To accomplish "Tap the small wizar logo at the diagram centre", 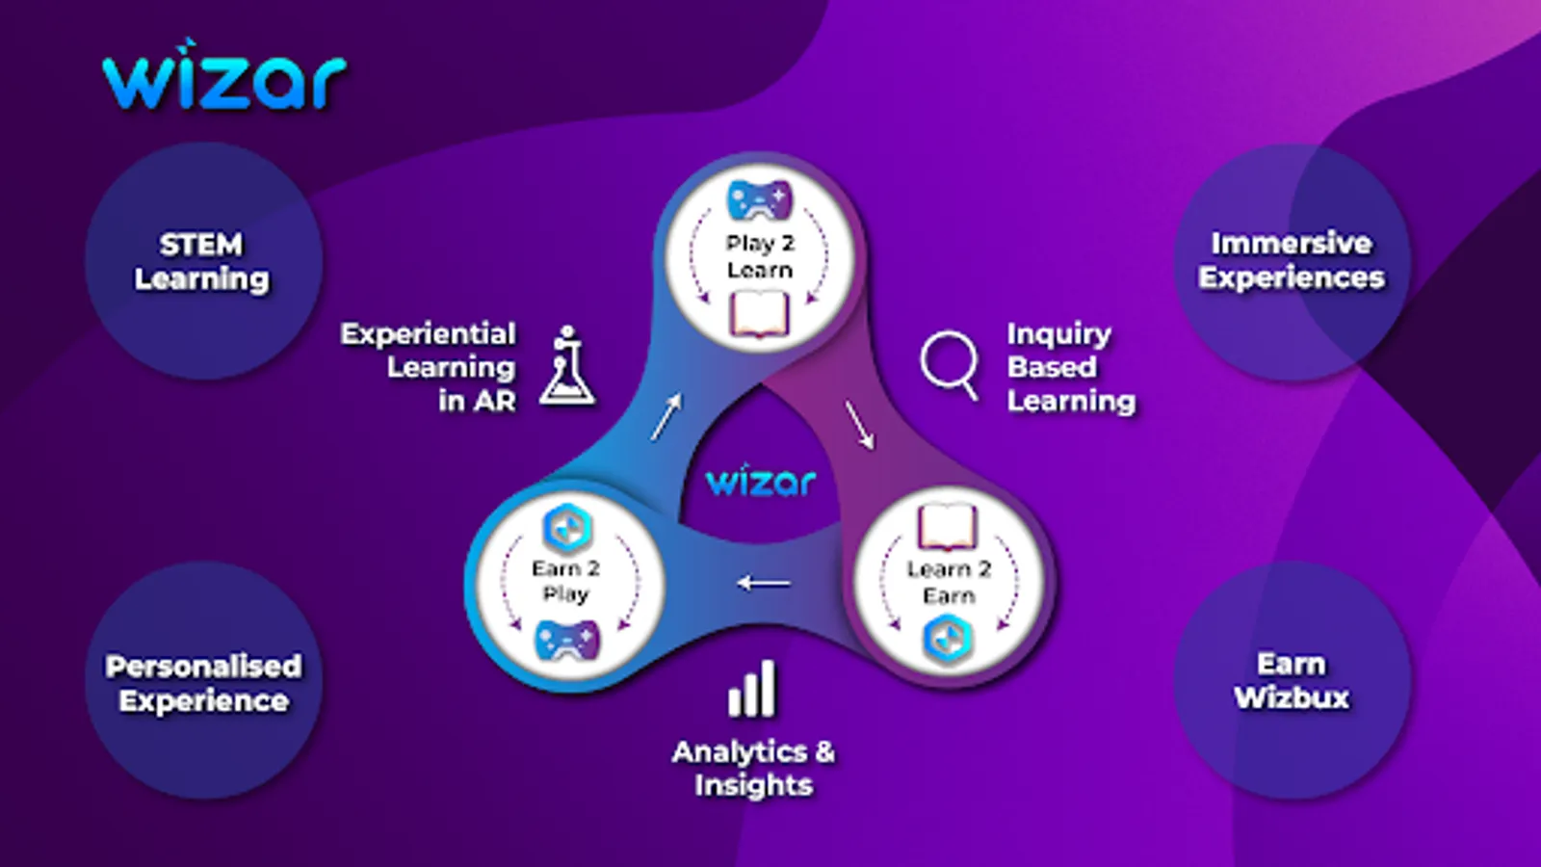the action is (x=761, y=480).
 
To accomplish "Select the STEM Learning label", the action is (x=201, y=261).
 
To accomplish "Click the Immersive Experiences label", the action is (x=1292, y=260).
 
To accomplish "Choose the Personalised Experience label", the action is (x=203, y=683).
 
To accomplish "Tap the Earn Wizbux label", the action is (x=1292, y=681).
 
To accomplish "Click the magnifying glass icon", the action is (x=950, y=365).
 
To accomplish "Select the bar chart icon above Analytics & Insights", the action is (x=752, y=689).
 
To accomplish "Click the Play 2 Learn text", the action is (x=760, y=256).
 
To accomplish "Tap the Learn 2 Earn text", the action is (x=949, y=582).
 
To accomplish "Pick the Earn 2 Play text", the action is (x=565, y=582).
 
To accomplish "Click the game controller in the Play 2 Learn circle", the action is (x=760, y=199).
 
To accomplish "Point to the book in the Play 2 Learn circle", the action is (x=759, y=314).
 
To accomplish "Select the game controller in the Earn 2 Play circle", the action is (x=567, y=640).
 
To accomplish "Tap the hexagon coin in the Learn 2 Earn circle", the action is (x=948, y=640).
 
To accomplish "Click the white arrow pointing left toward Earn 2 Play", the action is (x=764, y=584).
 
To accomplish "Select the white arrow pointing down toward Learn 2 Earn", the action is (x=860, y=426).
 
